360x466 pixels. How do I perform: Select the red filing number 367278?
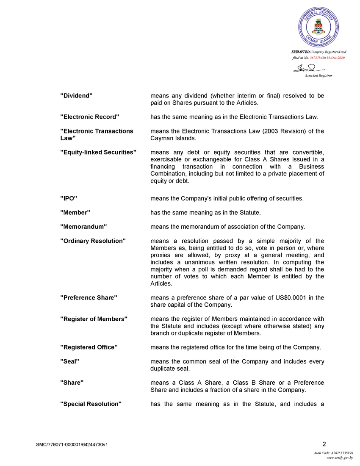click(x=316, y=57)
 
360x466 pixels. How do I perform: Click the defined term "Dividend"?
click(x=76, y=96)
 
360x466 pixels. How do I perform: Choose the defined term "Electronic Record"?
click(x=90, y=116)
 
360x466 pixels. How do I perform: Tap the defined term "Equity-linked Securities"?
click(x=98, y=152)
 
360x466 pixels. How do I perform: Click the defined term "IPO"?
click(x=69, y=198)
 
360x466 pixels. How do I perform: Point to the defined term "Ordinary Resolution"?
click(x=93, y=241)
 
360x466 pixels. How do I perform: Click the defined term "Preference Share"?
click(x=89, y=298)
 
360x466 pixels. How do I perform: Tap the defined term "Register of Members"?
click(x=94, y=319)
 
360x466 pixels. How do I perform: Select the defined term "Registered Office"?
click(x=89, y=347)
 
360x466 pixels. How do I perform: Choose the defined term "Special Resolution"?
click(x=91, y=404)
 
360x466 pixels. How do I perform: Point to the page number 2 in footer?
click(x=324, y=444)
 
